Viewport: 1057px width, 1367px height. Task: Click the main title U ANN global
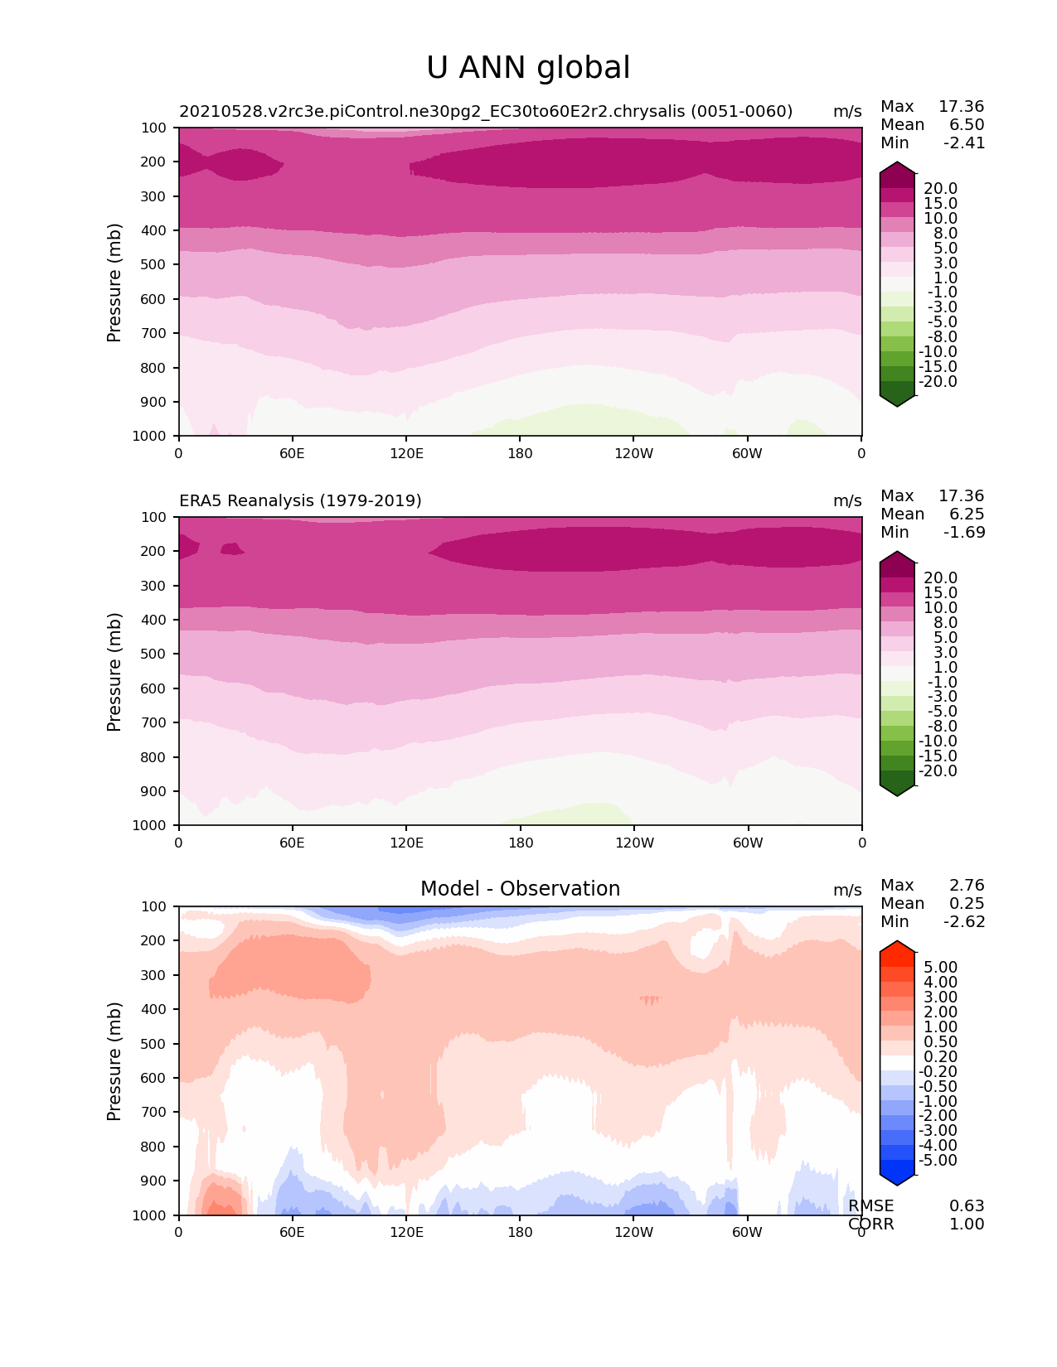coord(528,68)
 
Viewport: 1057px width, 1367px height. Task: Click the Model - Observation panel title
coord(520,889)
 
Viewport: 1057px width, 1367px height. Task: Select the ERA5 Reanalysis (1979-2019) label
coord(300,500)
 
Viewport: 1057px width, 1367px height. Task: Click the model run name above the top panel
coord(486,111)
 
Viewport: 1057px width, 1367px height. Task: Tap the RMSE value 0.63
coord(967,1205)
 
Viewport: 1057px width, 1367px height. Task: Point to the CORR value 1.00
coord(967,1224)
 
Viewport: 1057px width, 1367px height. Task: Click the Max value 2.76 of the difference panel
coord(967,885)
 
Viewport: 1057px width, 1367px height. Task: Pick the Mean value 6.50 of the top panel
coord(967,124)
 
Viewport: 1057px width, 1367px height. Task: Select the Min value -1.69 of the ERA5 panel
coord(964,532)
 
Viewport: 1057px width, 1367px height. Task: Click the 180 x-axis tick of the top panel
coord(520,453)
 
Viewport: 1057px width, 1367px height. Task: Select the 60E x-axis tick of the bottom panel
coord(292,1232)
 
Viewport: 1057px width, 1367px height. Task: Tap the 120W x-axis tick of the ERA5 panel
coord(633,843)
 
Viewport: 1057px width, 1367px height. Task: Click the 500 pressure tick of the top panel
coord(154,264)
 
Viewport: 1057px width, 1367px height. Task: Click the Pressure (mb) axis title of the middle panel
coord(114,671)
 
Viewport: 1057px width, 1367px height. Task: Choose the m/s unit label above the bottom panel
coord(847,890)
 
